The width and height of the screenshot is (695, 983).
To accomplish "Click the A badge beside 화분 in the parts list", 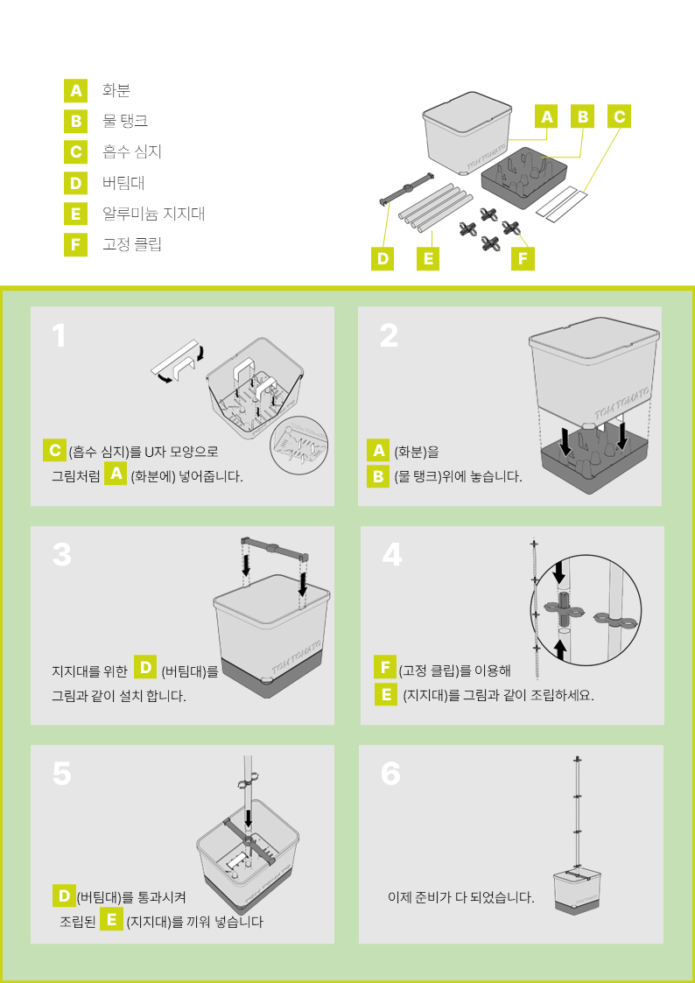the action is (x=75, y=90).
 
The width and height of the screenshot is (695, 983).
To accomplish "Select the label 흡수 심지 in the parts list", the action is (x=132, y=151).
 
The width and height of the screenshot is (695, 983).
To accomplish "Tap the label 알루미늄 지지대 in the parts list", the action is (x=153, y=214).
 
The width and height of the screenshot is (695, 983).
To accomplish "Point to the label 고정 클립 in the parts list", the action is (x=132, y=244).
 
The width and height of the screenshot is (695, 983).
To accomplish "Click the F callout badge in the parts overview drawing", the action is (x=523, y=258).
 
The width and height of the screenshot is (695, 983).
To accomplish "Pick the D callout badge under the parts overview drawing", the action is (x=382, y=258).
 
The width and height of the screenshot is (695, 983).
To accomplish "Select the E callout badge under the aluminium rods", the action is (x=428, y=258).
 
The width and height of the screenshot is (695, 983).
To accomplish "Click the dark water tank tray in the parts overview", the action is (x=524, y=176).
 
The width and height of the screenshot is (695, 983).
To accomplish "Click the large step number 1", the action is (x=59, y=335).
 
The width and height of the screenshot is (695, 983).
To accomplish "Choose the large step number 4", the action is (x=391, y=555).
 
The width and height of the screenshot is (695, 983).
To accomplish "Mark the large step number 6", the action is (x=390, y=775).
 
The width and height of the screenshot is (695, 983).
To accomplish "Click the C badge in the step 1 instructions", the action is (x=54, y=450).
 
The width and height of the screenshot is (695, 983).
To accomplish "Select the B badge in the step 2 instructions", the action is (x=378, y=476).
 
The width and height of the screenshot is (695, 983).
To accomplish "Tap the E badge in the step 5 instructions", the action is (x=111, y=920).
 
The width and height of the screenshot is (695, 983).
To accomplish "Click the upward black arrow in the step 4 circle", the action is (x=561, y=650).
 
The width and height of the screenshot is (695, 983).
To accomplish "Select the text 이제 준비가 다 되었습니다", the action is (x=461, y=897).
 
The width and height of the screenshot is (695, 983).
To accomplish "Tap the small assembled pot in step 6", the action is (x=577, y=890).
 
